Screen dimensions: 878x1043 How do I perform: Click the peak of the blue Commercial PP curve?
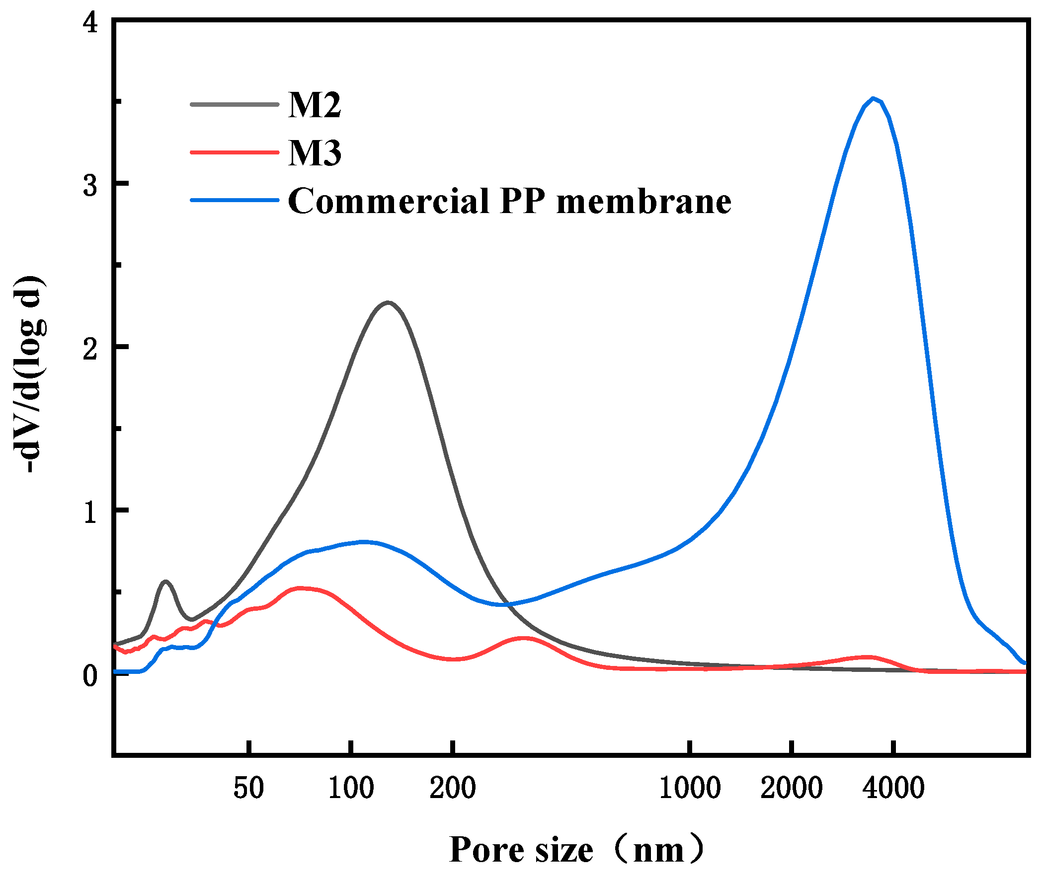point(873,98)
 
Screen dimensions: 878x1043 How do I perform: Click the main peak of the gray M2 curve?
point(388,302)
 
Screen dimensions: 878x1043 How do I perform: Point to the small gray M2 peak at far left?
point(165,582)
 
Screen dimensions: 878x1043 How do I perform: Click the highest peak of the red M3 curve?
point(299,588)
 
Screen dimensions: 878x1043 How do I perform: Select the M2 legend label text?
point(315,105)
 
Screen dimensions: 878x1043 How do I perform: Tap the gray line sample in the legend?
point(234,104)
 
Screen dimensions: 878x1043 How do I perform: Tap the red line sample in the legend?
point(234,152)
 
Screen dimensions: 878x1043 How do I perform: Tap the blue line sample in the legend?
point(234,200)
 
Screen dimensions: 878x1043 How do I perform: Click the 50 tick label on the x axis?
point(248,788)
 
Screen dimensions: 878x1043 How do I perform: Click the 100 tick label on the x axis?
point(351,788)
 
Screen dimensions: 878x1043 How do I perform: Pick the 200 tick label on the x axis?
point(452,788)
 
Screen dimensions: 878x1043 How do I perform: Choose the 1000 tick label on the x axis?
point(689,788)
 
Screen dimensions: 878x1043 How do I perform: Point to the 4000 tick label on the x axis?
point(893,788)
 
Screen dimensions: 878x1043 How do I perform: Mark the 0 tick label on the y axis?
point(90,675)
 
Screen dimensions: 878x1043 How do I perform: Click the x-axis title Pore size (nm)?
point(576,850)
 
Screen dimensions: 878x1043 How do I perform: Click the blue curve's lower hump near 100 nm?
point(364,541)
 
